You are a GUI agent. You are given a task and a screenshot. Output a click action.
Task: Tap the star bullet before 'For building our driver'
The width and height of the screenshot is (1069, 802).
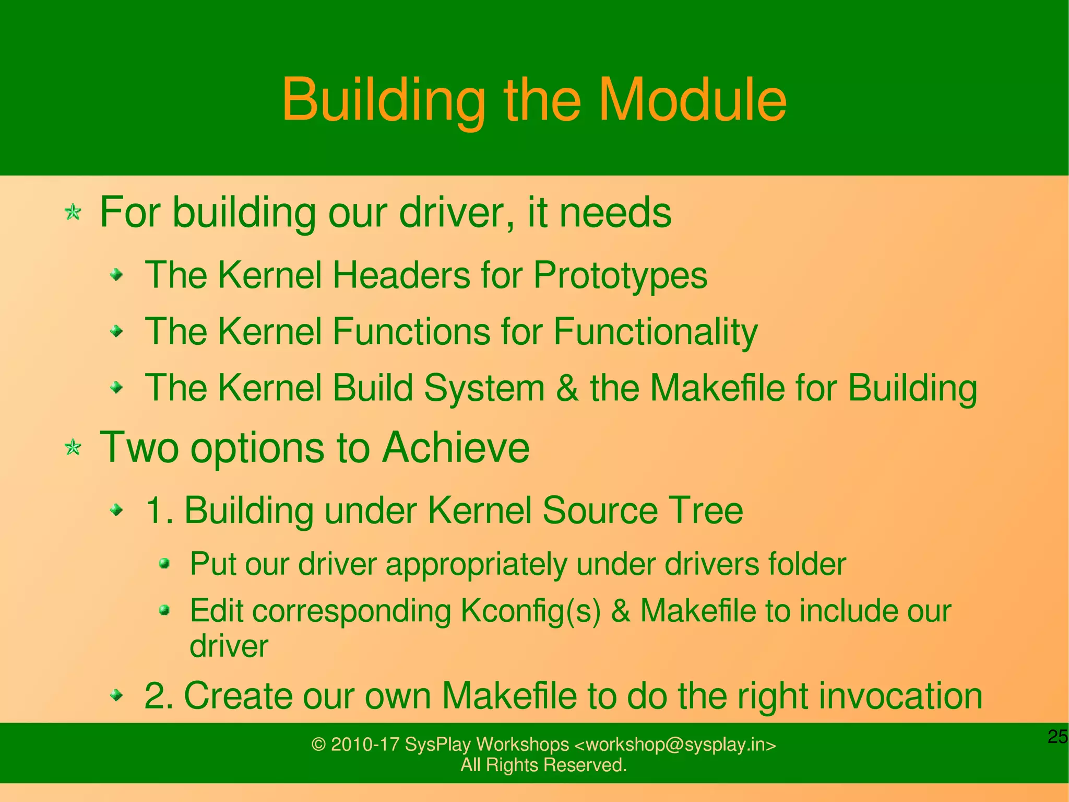tap(73, 213)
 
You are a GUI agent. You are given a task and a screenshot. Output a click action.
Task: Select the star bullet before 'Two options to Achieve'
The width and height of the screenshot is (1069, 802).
tap(73, 448)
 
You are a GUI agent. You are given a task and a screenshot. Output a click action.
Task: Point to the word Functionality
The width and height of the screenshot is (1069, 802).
tap(655, 332)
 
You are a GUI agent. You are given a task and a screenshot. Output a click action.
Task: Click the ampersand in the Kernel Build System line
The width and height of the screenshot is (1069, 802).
tap(567, 388)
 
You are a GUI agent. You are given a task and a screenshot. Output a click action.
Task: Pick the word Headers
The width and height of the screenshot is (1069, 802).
tap(401, 275)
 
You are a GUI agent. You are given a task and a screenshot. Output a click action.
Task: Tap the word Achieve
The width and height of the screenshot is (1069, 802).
tap(456, 447)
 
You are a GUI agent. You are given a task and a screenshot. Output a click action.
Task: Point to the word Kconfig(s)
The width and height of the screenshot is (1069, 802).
tap(530, 611)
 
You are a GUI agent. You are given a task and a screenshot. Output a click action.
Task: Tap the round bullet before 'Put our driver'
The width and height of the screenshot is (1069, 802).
tap(164, 563)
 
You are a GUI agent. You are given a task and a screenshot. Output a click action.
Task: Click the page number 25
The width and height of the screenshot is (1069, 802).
tap(1058, 737)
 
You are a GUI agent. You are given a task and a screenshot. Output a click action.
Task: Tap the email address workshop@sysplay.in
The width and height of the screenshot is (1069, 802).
tap(675, 745)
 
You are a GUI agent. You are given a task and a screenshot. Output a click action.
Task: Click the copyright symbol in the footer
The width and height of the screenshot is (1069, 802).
tap(318, 745)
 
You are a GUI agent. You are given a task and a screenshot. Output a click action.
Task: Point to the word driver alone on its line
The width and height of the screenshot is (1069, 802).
tap(229, 646)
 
